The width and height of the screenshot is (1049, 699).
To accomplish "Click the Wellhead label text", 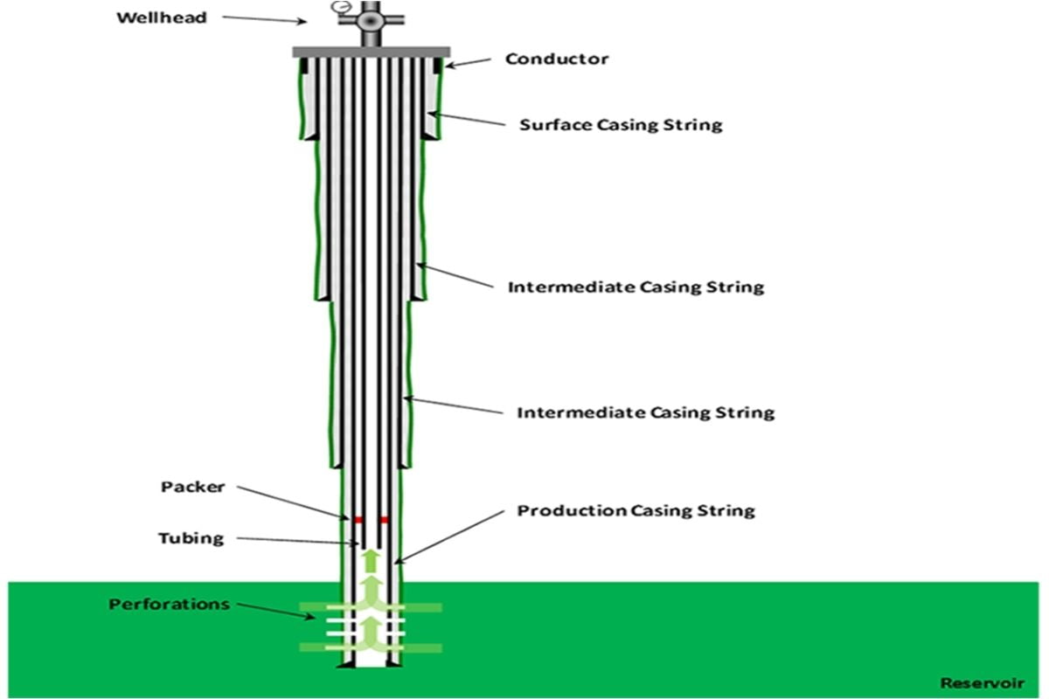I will pyautogui.click(x=162, y=17).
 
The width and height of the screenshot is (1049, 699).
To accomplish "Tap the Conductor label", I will pyautogui.click(x=557, y=59).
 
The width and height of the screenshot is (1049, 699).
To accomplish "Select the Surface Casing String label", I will pyautogui.click(x=622, y=124).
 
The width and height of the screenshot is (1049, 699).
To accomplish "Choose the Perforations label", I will pyautogui.click(x=169, y=604).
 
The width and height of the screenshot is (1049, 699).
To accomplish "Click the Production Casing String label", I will pyautogui.click(x=636, y=510).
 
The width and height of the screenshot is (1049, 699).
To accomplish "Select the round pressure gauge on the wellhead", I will pyautogui.click(x=338, y=8).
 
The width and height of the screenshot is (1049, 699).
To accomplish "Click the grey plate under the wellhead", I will pyautogui.click(x=371, y=52).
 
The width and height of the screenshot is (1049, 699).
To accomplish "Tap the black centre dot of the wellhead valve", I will pyautogui.click(x=370, y=19).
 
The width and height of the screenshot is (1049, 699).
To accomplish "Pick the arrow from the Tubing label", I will pyautogui.click(x=297, y=541).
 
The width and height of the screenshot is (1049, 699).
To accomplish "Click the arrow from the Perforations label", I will pyautogui.click(x=274, y=610).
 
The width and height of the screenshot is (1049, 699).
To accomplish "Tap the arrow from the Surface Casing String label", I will pyautogui.click(x=467, y=120).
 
